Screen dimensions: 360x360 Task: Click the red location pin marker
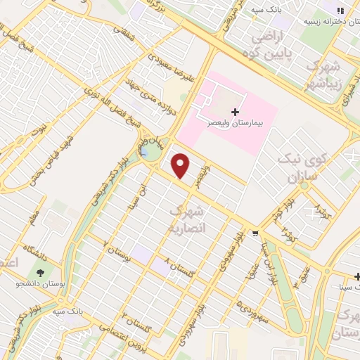(181, 166)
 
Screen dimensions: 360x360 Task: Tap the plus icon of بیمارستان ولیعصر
(234, 111)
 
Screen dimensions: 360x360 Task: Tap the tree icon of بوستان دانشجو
(40, 272)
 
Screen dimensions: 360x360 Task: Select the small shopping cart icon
(255, 233)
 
